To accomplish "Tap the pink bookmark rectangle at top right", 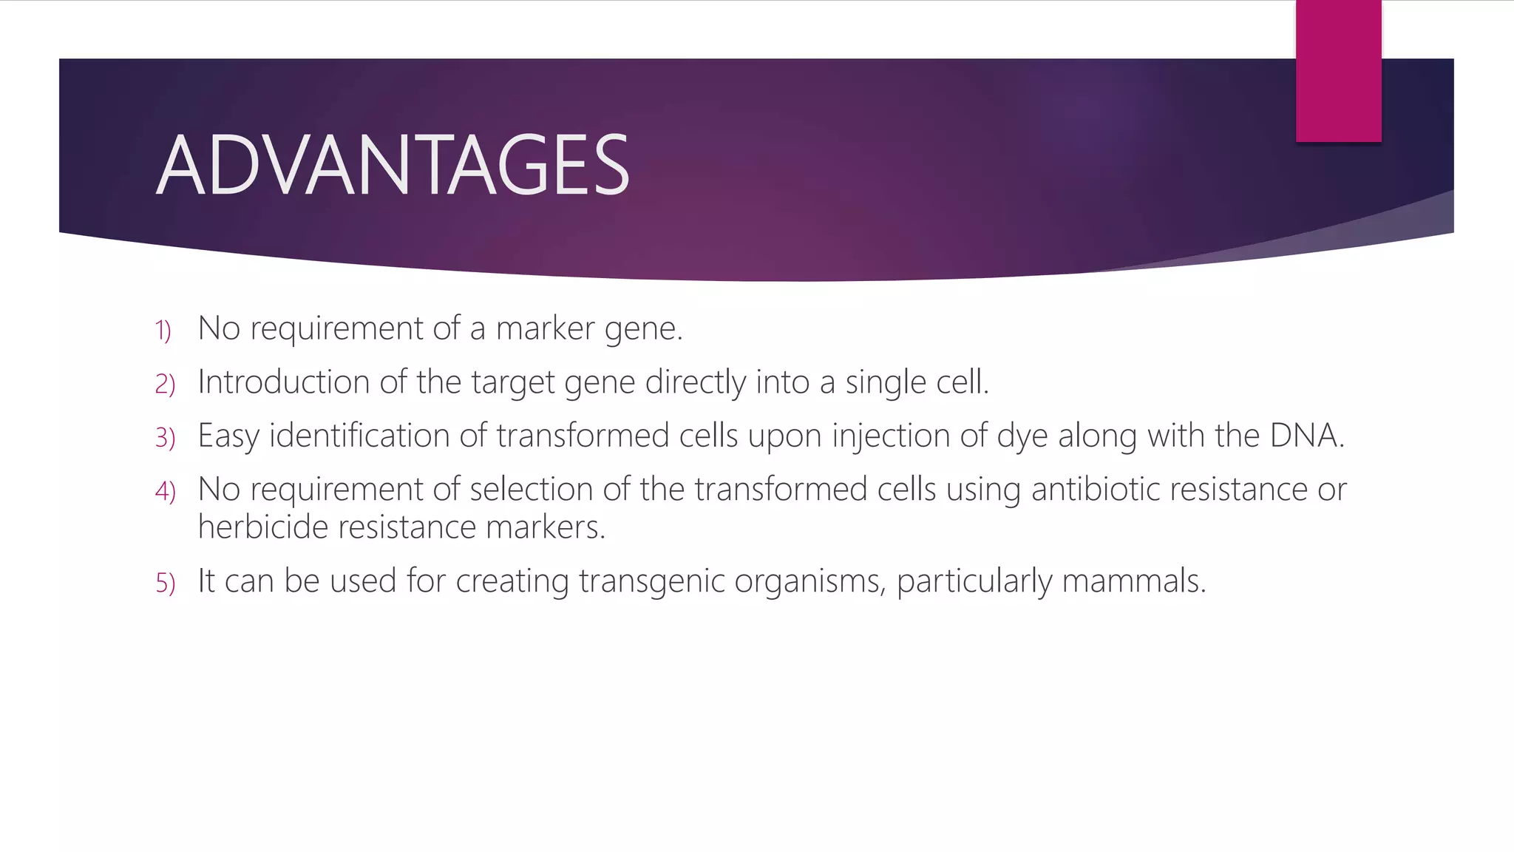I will coord(1338,71).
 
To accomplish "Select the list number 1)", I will coord(163,330).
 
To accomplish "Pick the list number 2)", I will coord(165,384).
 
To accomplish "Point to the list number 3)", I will coord(165,438).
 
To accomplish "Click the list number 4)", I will coord(165,491).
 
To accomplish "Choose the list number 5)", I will coord(165,583).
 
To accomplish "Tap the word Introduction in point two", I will coord(284,382).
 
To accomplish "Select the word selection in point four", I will coord(531,490).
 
